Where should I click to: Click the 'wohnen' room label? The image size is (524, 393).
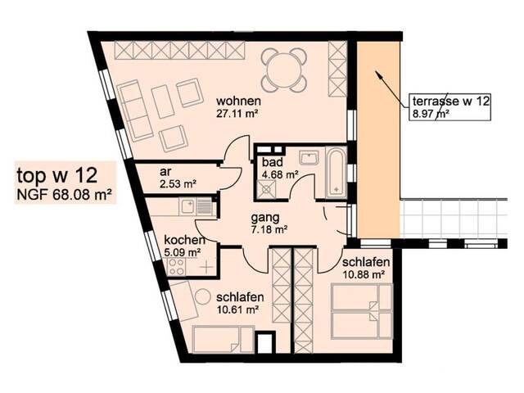pyautogui.click(x=238, y=100)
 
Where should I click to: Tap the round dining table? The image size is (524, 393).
pyautogui.click(x=284, y=70)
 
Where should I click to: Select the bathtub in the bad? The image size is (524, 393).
pyautogui.click(x=336, y=173)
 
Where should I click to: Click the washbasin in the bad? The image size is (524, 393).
pyautogui.click(x=309, y=157)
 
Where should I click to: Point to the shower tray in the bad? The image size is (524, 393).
pyautogui.click(x=266, y=189)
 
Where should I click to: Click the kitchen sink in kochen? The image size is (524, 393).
pyautogui.click(x=195, y=206)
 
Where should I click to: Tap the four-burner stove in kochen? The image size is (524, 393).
pyautogui.click(x=176, y=266)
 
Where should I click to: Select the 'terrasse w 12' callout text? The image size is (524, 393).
pyautogui.click(x=451, y=101)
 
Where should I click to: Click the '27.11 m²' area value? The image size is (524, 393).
pyautogui.click(x=237, y=114)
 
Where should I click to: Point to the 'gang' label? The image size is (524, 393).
pyautogui.click(x=265, y=218)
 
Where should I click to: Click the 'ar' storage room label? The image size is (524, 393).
pyautogui.click(x=165, y=172)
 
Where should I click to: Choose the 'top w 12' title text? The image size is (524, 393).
pyautogui.click(x=57, y=175)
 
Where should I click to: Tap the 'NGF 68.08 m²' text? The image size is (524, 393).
pyautogui.click(x=64, y=195)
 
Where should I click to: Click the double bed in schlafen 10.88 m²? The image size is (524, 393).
pyautogui.click(x=362, y=311)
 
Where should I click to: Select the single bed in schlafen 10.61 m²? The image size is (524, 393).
pyautogui.click(x=223, y=339)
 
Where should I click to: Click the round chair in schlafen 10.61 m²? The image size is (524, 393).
pyautogui.click(x=203, y=296)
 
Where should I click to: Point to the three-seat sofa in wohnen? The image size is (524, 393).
pyautogui.click(x=135, y=111)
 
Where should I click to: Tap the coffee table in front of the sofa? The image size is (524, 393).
pyautogui.click(x=163, y=102)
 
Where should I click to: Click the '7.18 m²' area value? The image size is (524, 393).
pyautogui.click(x=269, y=230)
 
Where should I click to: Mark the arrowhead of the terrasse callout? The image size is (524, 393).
pyautogui.click(x=378, y=74)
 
